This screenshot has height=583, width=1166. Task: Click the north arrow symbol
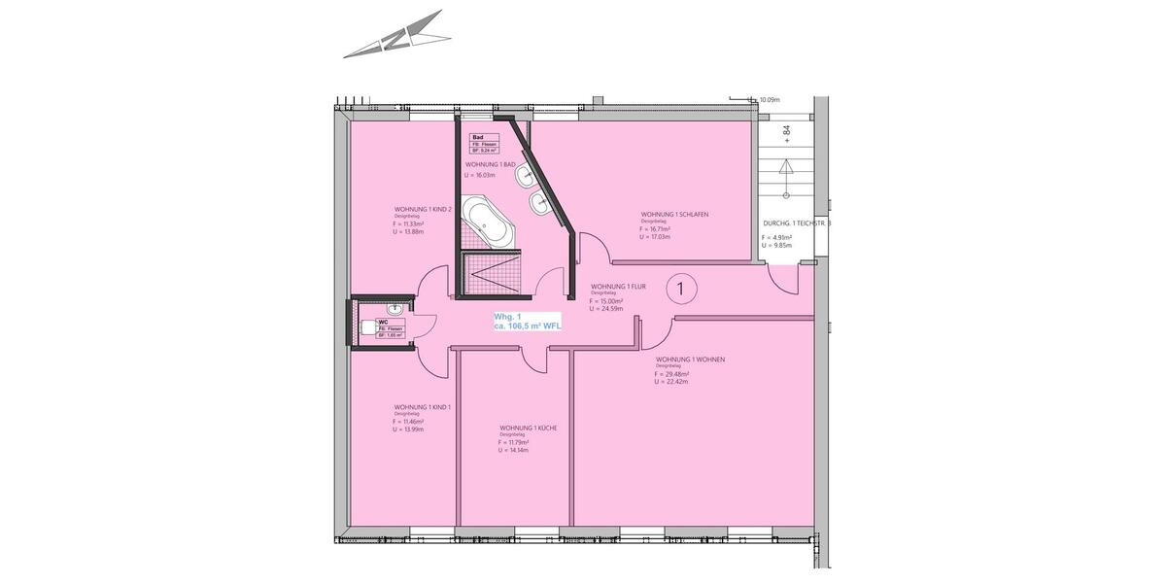coord(397,36)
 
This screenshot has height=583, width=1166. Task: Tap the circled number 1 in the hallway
coord(682,288)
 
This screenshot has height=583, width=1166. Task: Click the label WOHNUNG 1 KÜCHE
coord(528,428)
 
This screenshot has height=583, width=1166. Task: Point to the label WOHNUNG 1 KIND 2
coord(423,209)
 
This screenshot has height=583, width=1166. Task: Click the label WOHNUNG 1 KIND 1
coord(423,407)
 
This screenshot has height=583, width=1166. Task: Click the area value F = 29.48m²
coord(672,374)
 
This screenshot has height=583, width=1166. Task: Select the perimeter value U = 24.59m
coord(607,309)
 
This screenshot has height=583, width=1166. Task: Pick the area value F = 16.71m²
coord(656,229)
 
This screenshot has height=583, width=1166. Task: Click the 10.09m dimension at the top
coord(771,99)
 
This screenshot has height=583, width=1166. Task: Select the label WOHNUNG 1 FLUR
coord(619,288)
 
